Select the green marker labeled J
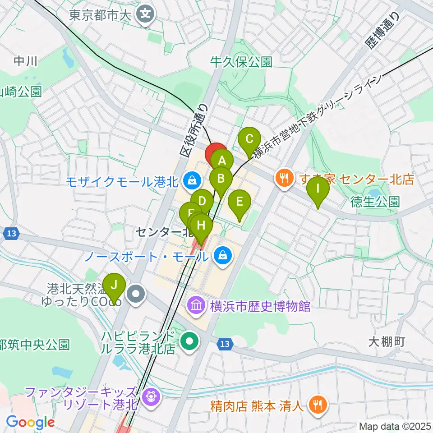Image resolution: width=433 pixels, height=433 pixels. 114,286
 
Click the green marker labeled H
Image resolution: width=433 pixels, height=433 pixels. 202,225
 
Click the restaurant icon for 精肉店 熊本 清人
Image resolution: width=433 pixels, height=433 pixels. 318,405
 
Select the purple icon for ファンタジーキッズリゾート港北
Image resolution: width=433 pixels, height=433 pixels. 148,397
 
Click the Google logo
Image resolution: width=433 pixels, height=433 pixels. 30,422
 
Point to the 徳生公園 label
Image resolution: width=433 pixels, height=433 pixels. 375,201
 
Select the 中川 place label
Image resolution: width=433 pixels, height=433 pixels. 25,61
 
